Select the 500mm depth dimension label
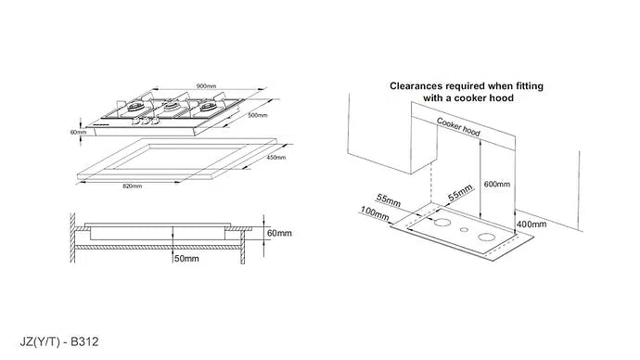click(258, 116)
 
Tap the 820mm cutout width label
click(133, 186)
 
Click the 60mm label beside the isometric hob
click(77, 132)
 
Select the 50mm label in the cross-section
click(186, 258)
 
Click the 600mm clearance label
click(497, 185)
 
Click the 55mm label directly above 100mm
click(390, 199)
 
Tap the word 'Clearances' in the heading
click(420, 83)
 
